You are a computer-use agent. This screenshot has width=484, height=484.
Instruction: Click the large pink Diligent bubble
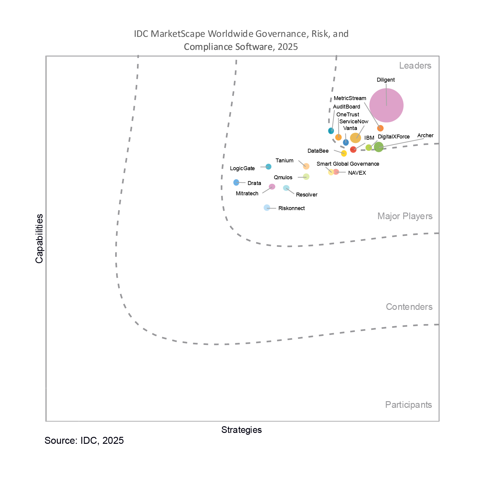pyautogui.click(x=386, y=105)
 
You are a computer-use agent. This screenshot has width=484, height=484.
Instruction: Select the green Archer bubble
pyautogui.click(x=378, y=147)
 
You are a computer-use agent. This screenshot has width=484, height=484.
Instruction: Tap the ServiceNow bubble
pyautogui.click(x=355, y=138)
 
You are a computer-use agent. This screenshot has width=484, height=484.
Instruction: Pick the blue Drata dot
pyautogui.click(x=236, y=182)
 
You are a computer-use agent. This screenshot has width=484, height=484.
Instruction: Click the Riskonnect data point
pyautogui.click(x=267, y=208)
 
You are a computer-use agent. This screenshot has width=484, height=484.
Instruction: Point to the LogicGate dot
pyautogui.click(x=268, y=167)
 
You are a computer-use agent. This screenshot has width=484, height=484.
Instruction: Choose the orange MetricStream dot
pyautogui.click(x=380, y=128)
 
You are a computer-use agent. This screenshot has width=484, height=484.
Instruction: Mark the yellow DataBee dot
pyautogui.click(x=344, y=153)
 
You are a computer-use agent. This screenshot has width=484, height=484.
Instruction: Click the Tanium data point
pyautogui.click(x=306, y=166)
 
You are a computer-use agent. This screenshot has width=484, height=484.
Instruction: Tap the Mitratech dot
pyautogui.click(x=272, y=187)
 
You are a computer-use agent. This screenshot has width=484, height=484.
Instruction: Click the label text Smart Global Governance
pyautogui.click(x=348, y=164)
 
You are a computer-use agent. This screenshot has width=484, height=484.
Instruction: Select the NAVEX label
pyautogui.click(x=357, y=173)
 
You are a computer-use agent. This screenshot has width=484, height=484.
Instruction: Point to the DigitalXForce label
pyautogui.click(x=394, y=137)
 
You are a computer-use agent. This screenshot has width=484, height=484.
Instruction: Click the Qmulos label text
pyautogui.click(x=283, y=177)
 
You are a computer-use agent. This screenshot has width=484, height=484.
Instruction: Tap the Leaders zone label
pyautogui.click(x=415, y=66)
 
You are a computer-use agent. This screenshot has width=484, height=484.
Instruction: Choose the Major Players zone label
pyautogui.click(x=405, y=216)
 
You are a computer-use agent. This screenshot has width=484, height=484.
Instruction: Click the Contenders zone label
pyautogui.click(x=409, y=307)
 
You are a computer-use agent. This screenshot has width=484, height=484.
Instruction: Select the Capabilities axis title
pyautogui.click(x=39, y=239)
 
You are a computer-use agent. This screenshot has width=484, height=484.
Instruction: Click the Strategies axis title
pyautogui.click(x=242, y=430)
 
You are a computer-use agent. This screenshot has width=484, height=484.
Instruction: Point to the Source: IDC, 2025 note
pyautogui.click(x=84, y=440)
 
